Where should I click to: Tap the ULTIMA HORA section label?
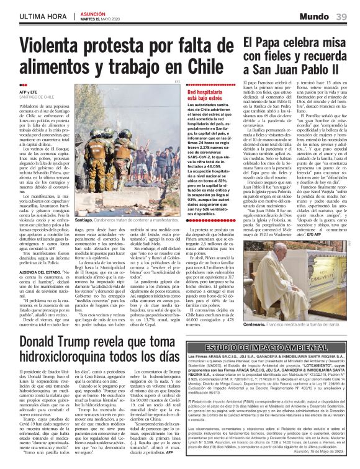34,15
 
